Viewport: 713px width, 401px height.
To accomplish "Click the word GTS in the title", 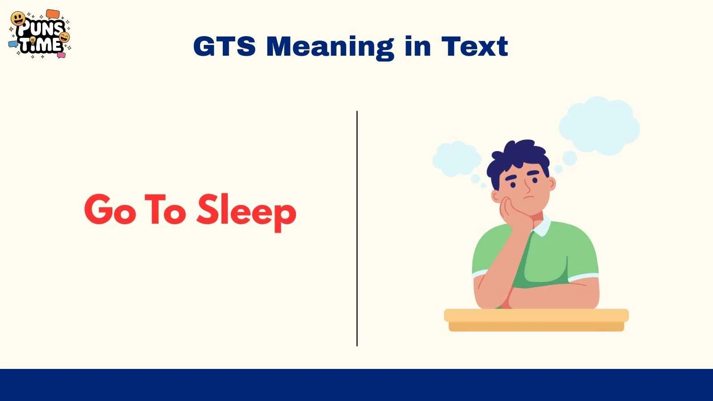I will (x=224, y=46).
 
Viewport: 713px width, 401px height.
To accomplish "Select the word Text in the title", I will (x=475, y=46).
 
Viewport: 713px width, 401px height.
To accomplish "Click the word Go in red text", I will (x=110, y=209).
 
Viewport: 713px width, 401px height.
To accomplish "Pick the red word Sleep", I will (x=246, y=211).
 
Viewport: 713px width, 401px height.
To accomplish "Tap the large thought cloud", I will (x=599, y=125).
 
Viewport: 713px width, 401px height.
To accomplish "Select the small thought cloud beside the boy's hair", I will (x=456, y=159).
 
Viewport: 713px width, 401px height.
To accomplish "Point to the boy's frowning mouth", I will (x=528, y=197).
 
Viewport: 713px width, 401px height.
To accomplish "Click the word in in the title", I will (x=418, y=46).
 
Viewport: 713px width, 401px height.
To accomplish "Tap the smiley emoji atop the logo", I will (x=18, y=19).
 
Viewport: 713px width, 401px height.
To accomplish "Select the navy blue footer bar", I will (x=356, y=385).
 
